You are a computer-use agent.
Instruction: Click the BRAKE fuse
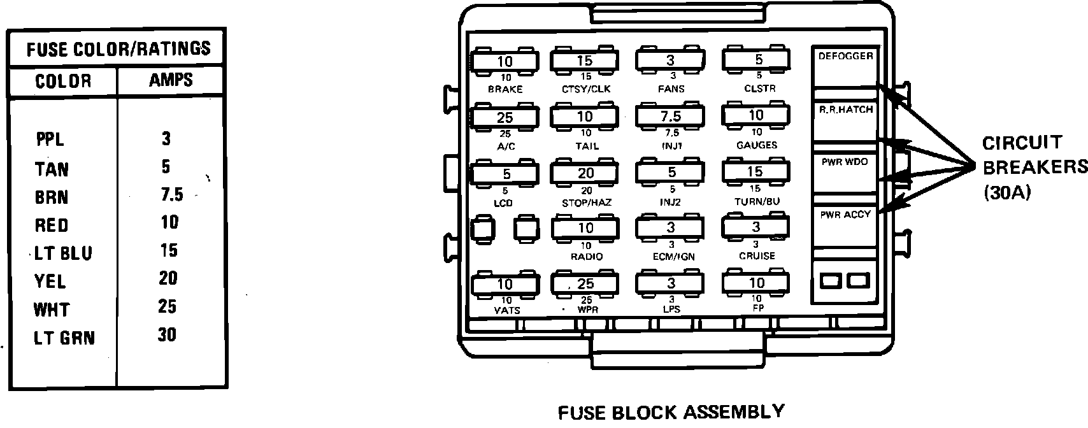click(x=505, y=61)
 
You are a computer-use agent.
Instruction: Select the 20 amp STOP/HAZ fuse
click(x=585, y=173)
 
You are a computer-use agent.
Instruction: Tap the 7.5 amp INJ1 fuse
click(x=670, y=116)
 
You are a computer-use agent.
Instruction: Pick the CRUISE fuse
click(x=755, y=227)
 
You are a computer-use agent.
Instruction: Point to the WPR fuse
click(x=585, y=283)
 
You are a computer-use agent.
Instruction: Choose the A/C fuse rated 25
click(x=505, y=117)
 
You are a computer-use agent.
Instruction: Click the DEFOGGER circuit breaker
click(x=845, y=66)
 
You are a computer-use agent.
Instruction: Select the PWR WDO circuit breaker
click(x=845, y=172)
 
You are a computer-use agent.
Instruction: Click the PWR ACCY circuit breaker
click(x=845, y=225)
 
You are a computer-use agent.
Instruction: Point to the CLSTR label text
click(x=759, y=89)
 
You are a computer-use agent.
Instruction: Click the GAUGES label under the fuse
click(x=757, y=145)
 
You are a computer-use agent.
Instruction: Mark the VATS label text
click(x=507, y=311)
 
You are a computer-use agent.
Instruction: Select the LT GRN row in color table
click(x=64, y=338)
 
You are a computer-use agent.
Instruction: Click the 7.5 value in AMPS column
click(x=171, y=194)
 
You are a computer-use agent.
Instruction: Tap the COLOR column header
click(x=63, y=81)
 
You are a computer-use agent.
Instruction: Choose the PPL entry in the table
click(x=50, y=139)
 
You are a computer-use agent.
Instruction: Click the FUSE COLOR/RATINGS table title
click(x=118, y=48)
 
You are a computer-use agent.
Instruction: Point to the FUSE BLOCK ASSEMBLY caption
click(x=671, y=412)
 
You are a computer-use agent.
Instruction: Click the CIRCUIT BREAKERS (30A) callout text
click(x=1032, y=167)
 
